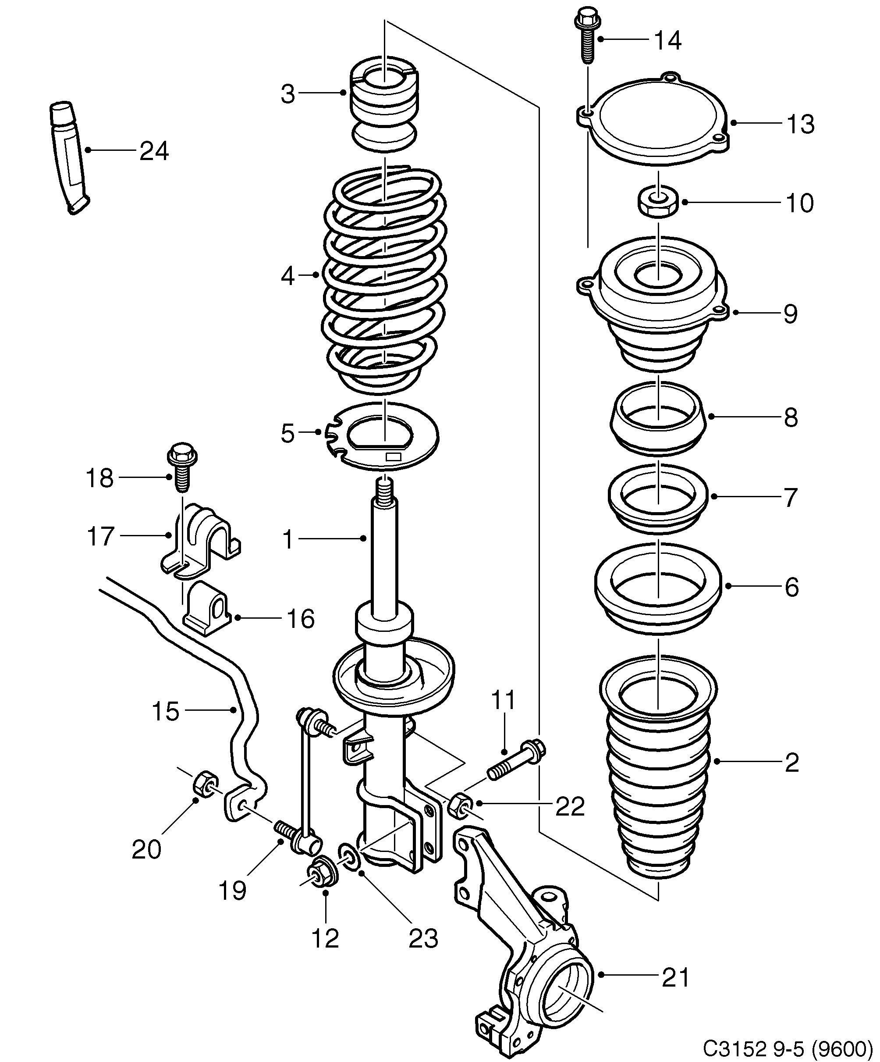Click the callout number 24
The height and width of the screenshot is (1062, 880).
point(154,151)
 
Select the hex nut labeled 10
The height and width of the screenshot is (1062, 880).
point(656,202)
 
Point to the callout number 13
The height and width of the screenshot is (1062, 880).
point(801,124)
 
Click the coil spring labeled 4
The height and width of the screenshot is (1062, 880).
point(384,278)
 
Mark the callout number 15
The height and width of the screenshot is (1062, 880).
point(166,711)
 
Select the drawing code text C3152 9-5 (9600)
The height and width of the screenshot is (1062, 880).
point(788,1048)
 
